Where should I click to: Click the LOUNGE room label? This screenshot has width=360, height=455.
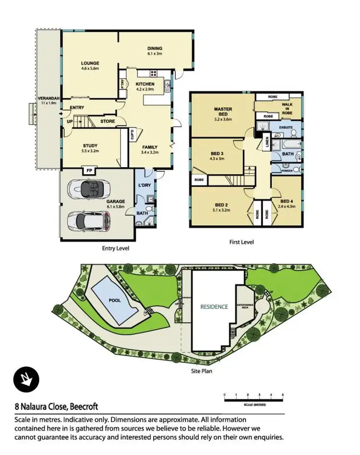pos(90,63)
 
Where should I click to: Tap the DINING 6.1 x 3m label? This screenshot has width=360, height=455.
pos(155,48)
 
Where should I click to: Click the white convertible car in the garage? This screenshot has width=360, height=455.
pos(89,189)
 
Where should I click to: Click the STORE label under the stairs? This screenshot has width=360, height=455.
pos(108,121)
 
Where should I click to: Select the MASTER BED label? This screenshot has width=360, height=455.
pos(223,112)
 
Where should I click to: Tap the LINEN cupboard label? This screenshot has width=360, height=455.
pos(267,143)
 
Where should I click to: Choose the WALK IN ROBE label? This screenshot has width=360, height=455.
pos(286,108)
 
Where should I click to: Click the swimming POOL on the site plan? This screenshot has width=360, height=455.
pos(114,301)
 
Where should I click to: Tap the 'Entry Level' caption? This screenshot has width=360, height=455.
pos(115,248)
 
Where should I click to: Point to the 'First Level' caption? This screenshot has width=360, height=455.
pos(241,242)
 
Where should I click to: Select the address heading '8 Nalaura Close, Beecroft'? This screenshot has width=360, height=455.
pos(56,407)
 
